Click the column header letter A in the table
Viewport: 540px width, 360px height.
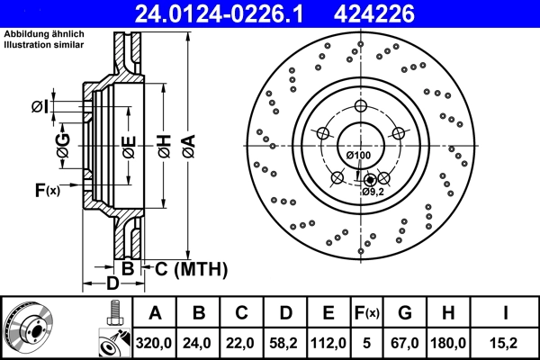click(x=155, y=312)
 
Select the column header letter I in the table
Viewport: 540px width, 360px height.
click(x=507, y=312)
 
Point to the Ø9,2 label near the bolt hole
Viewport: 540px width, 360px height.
click(x=373, y=192)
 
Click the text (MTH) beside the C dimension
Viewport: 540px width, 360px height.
click(x=201, y=268)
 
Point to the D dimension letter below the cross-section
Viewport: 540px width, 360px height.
click(x=112, y=284)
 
